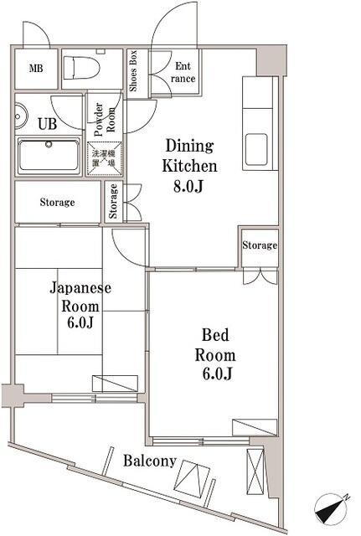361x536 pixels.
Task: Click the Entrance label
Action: pyautogui.click(x=183, y=72)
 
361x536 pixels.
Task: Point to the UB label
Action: pyautogui.click(x=46, y=122)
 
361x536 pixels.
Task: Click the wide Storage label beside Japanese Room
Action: pyautogui.click(x=57, y=202)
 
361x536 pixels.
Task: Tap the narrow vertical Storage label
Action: pyautogui.click(x=114, y=202)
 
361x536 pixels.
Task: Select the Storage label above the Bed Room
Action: pyautogui.click(x=259, y=245)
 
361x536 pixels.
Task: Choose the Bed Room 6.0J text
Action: pyautogui.click(x=214, y=353)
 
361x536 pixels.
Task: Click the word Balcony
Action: pyautogui.click(x=151, y=461)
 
